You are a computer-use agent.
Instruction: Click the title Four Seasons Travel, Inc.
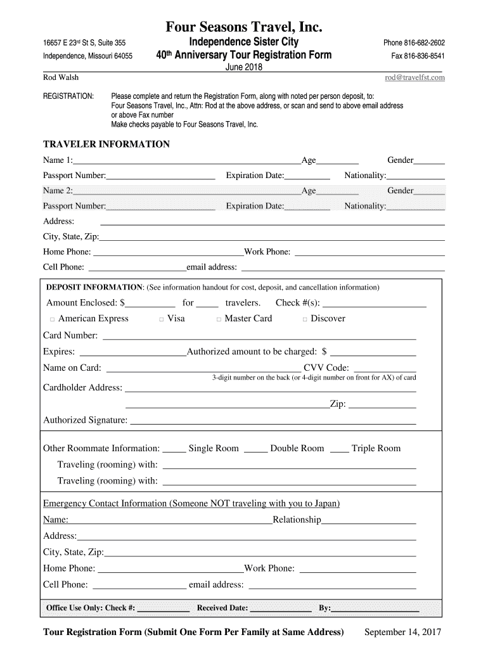coord(244,27)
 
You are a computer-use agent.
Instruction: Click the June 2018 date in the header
coord(244,68)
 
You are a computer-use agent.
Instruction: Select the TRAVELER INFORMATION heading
coord(106,145)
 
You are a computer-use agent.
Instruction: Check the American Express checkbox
coord(53,319)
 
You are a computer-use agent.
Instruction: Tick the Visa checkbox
coord(162,319)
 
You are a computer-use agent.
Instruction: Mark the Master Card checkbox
coord(219,319)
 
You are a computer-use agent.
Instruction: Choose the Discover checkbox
coord(305,319)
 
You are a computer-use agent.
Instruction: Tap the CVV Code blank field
coord(385,369)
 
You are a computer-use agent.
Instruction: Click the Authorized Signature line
coord(273,421)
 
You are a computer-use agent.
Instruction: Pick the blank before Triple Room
coord(339,449)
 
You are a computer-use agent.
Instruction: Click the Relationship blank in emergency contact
coord(369,522)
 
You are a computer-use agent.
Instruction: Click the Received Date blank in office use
coord(281,609)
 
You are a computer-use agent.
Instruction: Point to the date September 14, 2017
coord(402,633)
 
